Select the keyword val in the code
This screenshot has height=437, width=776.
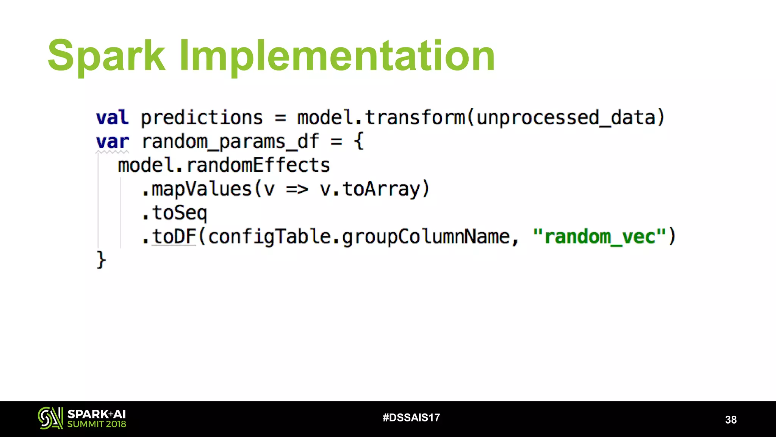pos(112,117)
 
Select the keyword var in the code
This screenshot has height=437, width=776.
pos(112,141)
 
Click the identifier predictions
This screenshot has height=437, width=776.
pos(202,117)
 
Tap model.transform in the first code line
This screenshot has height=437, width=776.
pos(381,117)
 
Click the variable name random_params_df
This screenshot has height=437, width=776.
pos(230,141)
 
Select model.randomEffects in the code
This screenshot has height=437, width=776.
pos(224,165)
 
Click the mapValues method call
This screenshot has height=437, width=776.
pos(201,189)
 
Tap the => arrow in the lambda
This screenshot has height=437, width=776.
pos(297,189)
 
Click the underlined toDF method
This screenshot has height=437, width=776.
pos(174,236)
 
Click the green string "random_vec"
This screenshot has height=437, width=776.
pos(599,237)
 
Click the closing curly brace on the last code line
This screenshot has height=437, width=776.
pos(101,260)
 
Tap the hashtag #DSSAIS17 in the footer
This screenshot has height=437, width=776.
pos(411,418)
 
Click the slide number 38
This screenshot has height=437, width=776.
pos(731,420)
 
